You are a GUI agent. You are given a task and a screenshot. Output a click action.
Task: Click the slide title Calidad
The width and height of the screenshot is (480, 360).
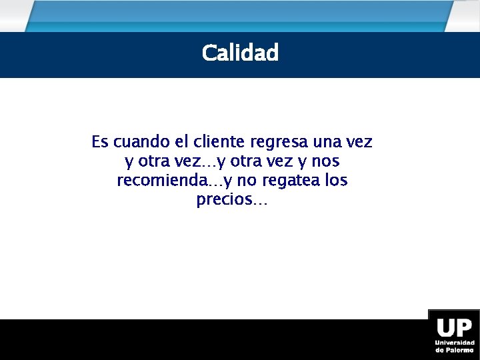coord(240,53)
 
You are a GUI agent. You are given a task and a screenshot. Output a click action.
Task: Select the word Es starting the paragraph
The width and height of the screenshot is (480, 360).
coord(99,142)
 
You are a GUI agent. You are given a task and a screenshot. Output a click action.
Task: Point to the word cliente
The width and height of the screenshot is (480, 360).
coord(219,142)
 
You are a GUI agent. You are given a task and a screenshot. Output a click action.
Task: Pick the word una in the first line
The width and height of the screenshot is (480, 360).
coord(326,142)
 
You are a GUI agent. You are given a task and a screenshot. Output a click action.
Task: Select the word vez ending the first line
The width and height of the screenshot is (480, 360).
coord(360,142)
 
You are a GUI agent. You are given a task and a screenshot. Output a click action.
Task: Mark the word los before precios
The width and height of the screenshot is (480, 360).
coord(335,181)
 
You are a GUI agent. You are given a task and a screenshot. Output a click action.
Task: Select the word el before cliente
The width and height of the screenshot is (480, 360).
coord(181,142)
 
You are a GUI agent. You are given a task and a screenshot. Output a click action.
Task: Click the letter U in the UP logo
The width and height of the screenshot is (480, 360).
coord(445,328)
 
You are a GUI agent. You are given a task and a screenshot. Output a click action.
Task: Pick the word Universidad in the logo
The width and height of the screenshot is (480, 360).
coord(455,343)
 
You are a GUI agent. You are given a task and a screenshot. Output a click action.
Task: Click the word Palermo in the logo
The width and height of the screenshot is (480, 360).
coord(460,350)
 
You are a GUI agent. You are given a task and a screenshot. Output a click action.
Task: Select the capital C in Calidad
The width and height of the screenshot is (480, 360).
coord(209,53)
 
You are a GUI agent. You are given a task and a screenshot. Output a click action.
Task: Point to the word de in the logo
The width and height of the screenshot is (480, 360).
coord(439,350)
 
